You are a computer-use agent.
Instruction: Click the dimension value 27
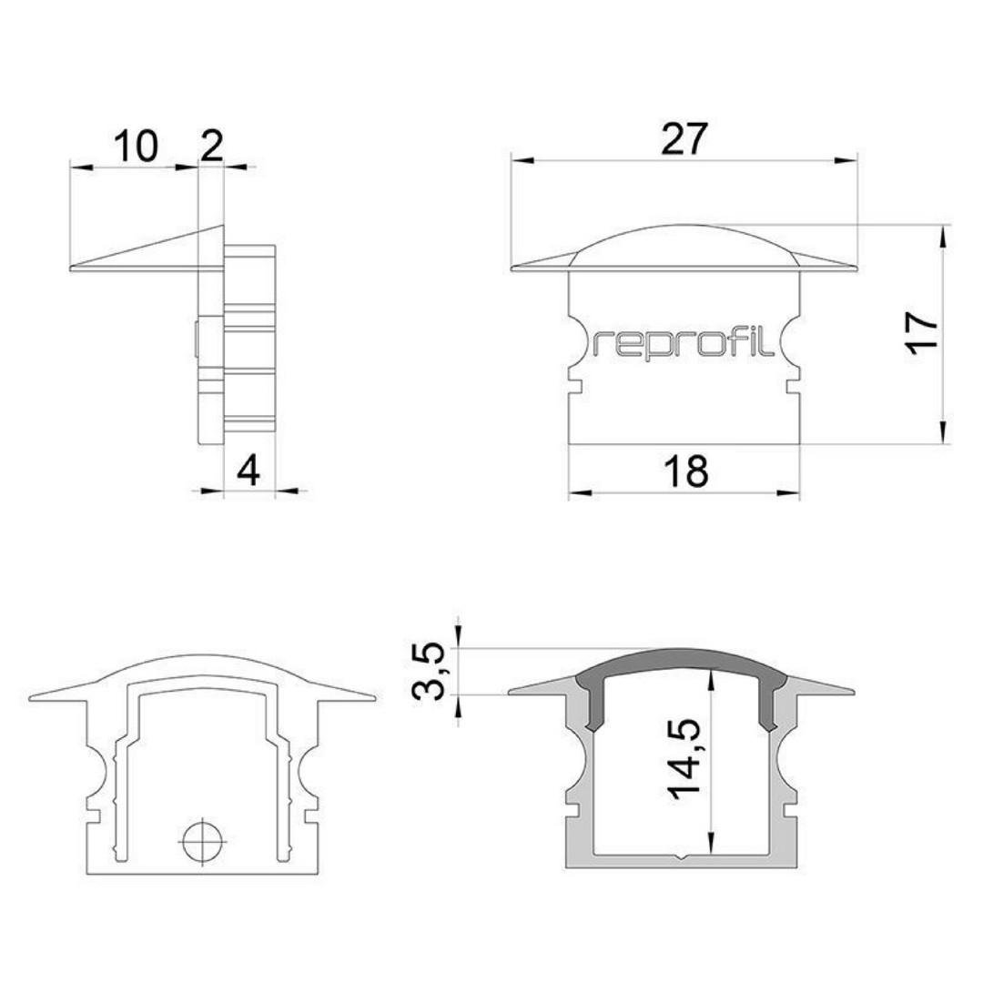click(684, 139)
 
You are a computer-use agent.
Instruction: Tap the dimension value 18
click(686, 471)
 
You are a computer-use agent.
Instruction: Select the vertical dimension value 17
click(923, 333)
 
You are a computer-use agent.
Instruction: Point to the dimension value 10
click(136, 146)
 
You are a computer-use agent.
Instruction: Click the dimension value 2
click(211, 146)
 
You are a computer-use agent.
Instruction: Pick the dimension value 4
click(248, 471)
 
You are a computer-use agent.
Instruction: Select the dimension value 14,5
click(684, 758)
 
